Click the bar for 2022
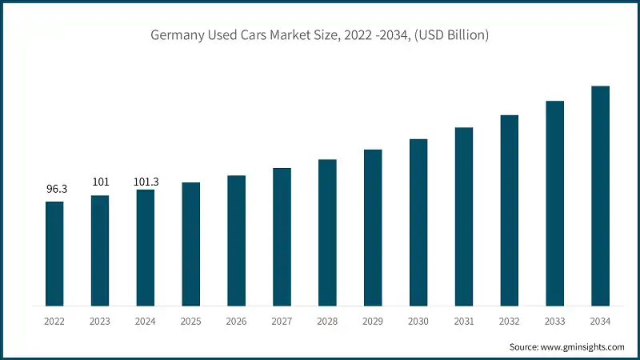coord(54,254)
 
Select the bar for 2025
coord(190,244)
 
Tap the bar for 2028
coord(327,233)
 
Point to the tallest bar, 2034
coord(600,196)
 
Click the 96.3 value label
coord(54,190)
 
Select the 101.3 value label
coord(146,182)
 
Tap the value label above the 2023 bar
coord(100,182)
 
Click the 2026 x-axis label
coord(236,321)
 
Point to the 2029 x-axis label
coord(373,321)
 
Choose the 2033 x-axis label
coord(555,321)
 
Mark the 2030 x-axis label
coord(418,321)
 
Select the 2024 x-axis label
coord(146,321)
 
